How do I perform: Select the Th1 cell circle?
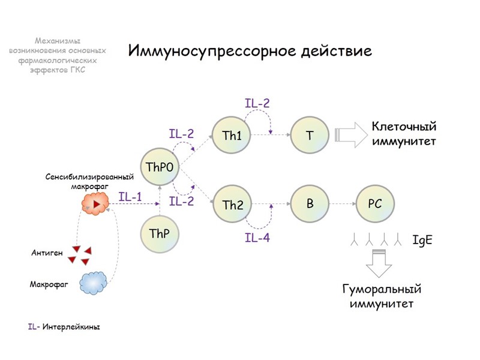pyautogui.click(x=232, y=135)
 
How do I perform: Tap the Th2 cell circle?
pyautogui.click(x=232, y=205)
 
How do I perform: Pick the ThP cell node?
pyautogui.click(x=160, y=233)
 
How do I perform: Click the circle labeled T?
pyautogui.click(x=310, y=135)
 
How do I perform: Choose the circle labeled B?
pyautogui.click(x=310, y=204)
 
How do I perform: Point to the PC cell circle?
pyautogui.click(x=374, y=204)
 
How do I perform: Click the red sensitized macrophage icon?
pyautogui.click(x=96, y=205)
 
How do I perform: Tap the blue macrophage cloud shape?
pyautogui.click(x=94, y=282)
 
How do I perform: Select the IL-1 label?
pyautogui.click(x=130, y=197)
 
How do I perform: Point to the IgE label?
pyautogui.click(x=423, y=241)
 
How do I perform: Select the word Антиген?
pyautogui.click(x=47, y=253)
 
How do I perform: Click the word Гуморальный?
pyautogui.click(x=382, y=289)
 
